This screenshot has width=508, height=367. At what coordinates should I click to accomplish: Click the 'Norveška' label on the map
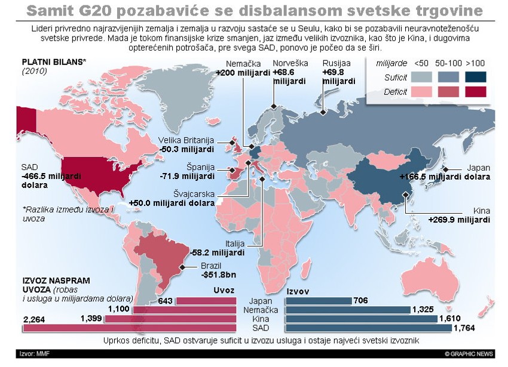click(x=290, y=63)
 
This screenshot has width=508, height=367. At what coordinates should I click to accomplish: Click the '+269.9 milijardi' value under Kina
click(x=459, y=220)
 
